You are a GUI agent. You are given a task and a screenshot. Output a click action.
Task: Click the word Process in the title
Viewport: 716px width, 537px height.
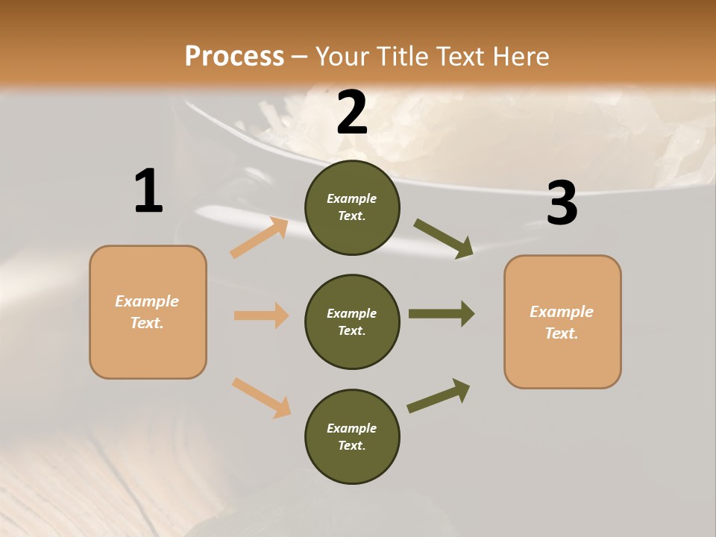coord(234,56)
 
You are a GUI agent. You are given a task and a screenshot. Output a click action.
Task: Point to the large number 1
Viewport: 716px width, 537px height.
coord(148,190)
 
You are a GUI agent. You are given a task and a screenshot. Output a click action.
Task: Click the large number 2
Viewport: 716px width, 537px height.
coord(352,113)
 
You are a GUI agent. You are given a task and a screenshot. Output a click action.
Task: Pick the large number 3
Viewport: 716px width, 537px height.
coord(562,202)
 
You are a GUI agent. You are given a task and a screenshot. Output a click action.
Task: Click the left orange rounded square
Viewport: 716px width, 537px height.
coord(148,313)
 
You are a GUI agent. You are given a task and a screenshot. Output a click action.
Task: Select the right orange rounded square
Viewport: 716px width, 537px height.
coord(562,322)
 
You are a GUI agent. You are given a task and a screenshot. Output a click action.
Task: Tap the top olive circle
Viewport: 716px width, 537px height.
coord(352,207)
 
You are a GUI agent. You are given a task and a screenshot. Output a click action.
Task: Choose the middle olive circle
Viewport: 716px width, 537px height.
coord(352,322)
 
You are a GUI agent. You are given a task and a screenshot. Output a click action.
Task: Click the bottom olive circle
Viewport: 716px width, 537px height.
coord(352,436)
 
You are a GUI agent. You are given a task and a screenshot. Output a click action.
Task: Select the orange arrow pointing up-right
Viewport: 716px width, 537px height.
coord(260,237)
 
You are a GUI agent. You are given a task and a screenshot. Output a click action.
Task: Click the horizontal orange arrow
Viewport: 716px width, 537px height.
coord(261,315)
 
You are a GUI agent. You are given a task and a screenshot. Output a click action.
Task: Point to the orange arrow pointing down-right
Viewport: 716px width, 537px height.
coord(261,398)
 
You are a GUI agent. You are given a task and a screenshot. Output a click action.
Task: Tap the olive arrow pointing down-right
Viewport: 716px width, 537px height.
coord(443,239)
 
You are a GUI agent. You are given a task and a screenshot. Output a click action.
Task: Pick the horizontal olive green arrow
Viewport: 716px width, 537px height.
coord(442,314)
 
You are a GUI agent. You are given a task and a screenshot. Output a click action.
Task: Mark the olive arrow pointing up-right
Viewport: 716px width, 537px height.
coord(439,396)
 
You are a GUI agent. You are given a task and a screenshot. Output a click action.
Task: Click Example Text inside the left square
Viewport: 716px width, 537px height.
coord(147,312)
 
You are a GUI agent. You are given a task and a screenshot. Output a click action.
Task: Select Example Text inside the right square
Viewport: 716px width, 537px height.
coord(562,322)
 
